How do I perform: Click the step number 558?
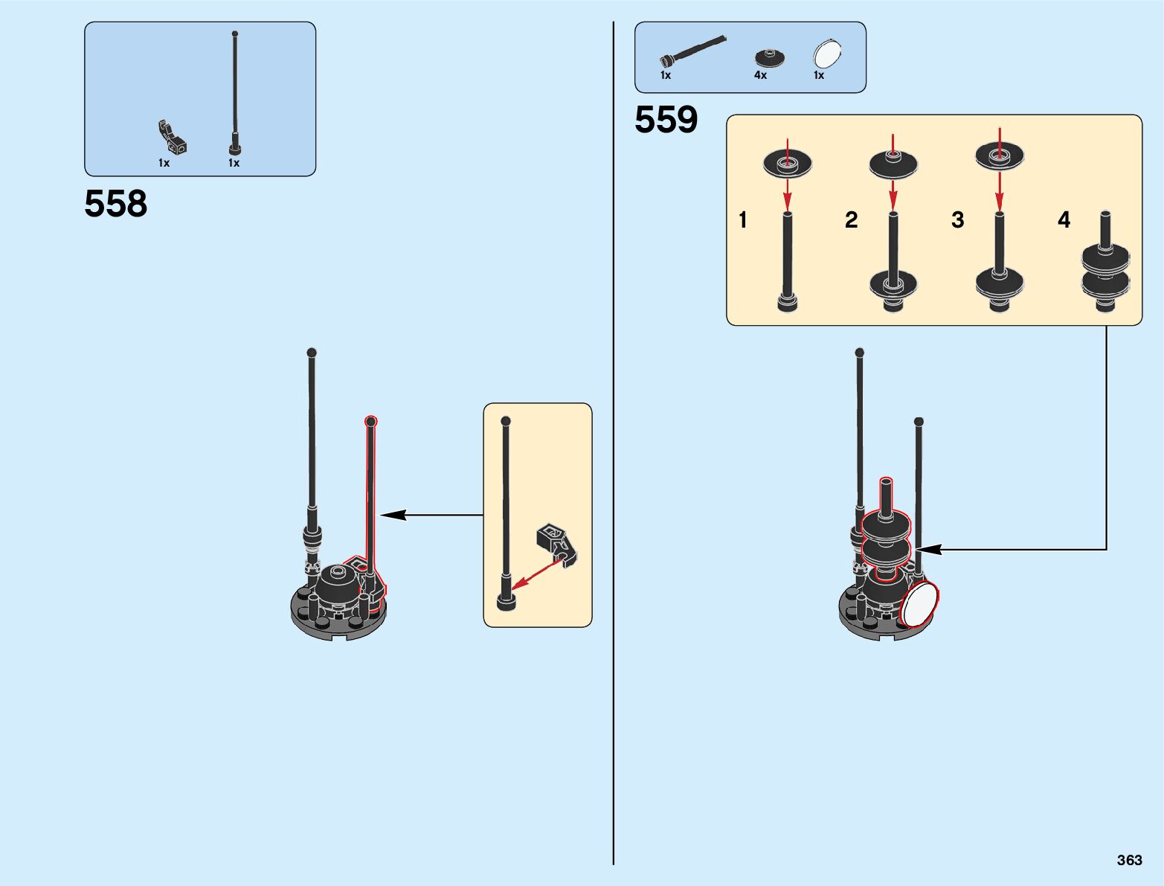pyautogui.click(x=116, y=204)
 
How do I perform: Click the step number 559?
pyautogui.click(x=666, y=120)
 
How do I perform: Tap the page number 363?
pyautogui.click(x=1129, y=860)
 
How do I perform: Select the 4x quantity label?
pyautogui.click(x=760, y=75)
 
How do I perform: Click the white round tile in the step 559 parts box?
pyautogui.click(x=828, y=54)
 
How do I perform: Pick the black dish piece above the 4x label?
pyautogui.click(x=770, y=57)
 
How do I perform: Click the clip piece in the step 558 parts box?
pyautogui.click(x=172, y=138)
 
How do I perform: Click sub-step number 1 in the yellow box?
pyautogui.click(x=742, y=220)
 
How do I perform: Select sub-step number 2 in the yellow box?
pyautogui.click(x=852, y=220)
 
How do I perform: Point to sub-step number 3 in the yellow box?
pyautogui.click(x=958, y=220)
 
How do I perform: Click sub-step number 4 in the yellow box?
pyautogui.click(x=1064, y=220)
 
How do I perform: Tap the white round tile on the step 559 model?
pyautogui.click(x=919, y=603)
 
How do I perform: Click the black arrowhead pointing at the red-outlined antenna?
pyautogui.click(x=393, y=515)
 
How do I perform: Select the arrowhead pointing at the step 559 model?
pyautogui.click(x=930, y=550)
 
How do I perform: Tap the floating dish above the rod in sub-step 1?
pyautogui.click(x=787, y=164)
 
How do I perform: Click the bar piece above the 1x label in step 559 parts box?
pyautogui.click(x=692, y=50)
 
